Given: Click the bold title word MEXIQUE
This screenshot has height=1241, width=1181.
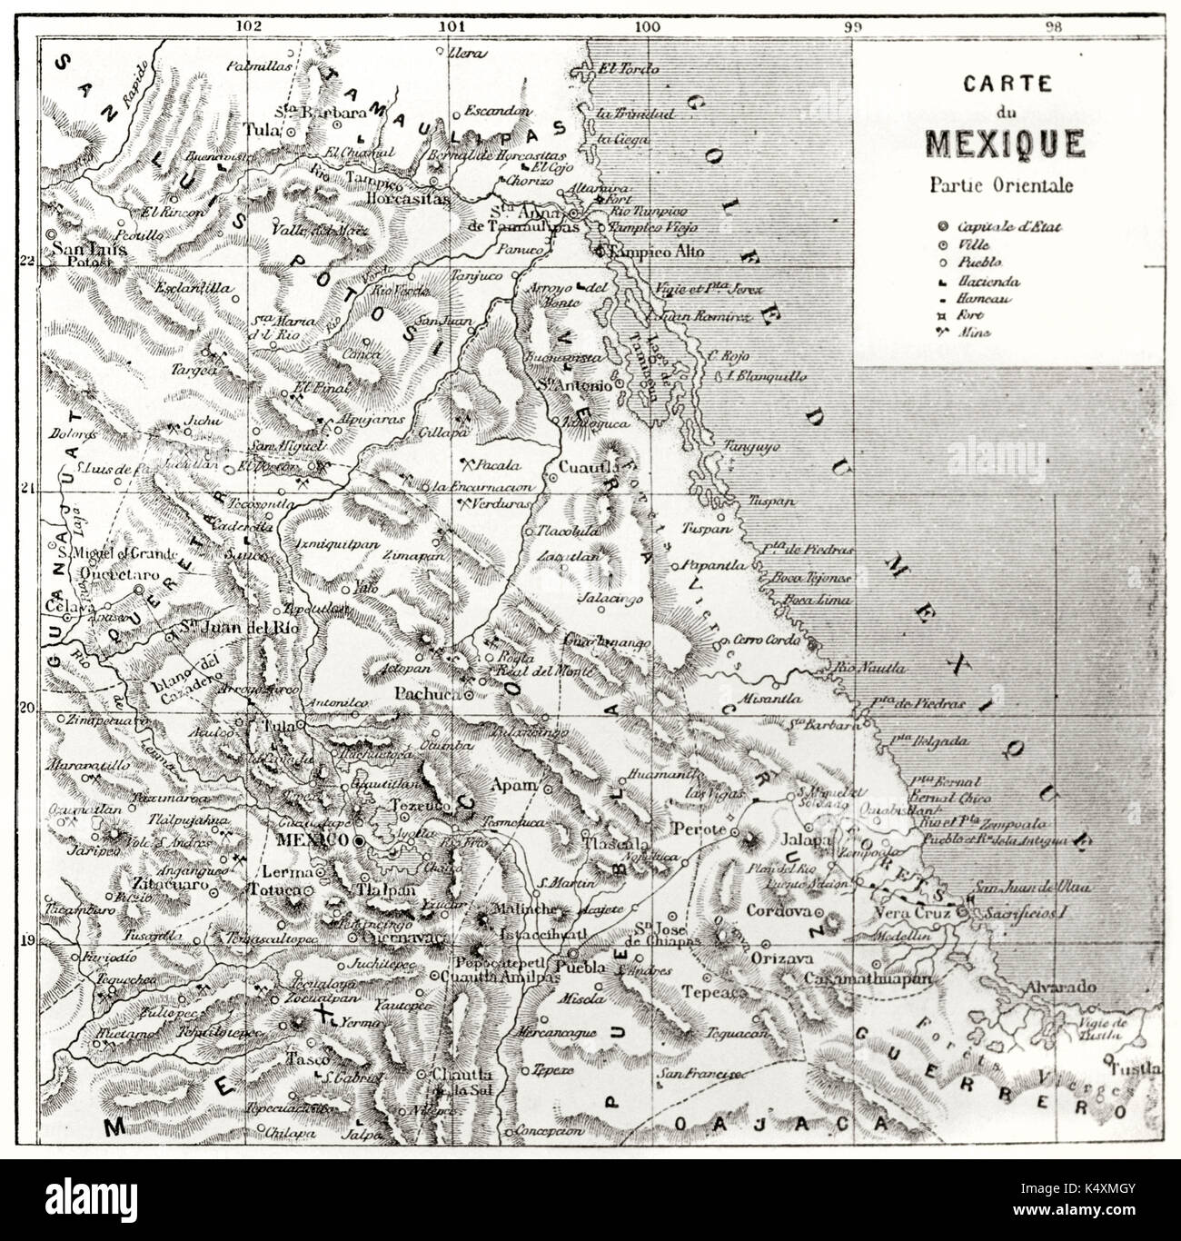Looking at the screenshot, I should (x=1003, y=144).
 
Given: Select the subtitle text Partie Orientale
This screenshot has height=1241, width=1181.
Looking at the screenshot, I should (x=1001, y=184).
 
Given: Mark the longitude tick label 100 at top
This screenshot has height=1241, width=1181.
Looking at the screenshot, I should (x=646, y=26).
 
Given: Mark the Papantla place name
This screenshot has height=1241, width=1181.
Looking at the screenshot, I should (x=705, y=565).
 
